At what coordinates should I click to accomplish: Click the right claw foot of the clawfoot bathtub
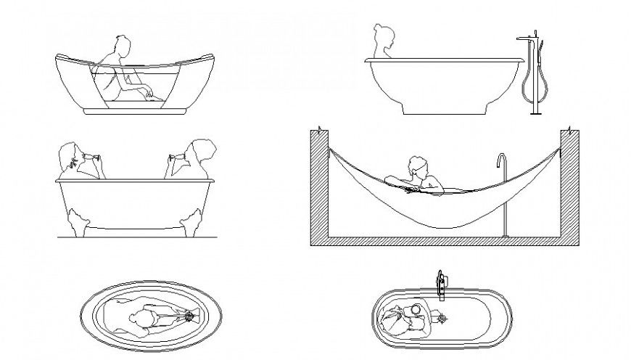pos(193,221)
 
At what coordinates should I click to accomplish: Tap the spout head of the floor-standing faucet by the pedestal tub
pos(525,36)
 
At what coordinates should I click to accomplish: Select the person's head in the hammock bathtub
pos(418,166)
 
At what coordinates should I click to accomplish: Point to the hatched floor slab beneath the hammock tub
pos(444,241)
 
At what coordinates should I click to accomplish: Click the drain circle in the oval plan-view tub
pos(191,316)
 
